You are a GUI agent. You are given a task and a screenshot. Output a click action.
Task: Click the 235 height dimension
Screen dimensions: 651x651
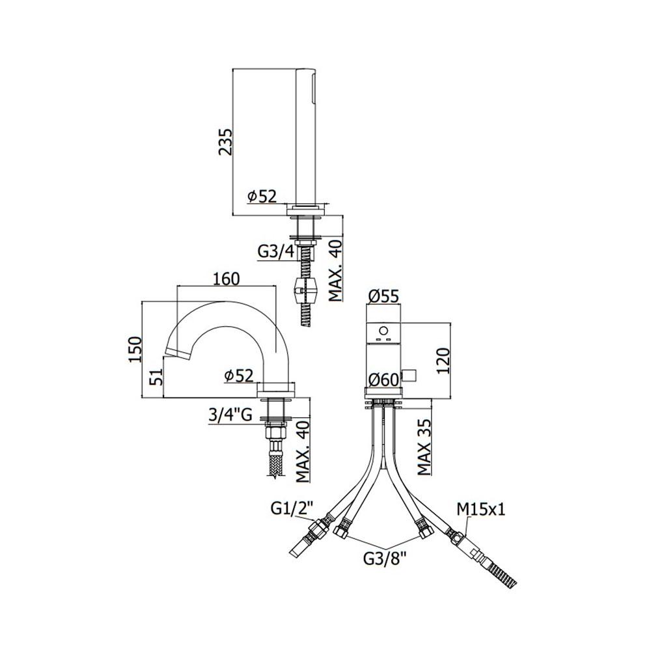tap(225, 141)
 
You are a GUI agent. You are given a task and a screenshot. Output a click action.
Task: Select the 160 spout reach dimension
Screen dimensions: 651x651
tap(226, 279)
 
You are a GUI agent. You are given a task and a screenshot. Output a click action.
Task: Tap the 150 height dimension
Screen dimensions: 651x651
tap(135, 349)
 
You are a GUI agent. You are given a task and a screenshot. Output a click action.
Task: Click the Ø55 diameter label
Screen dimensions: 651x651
tap(383, 296)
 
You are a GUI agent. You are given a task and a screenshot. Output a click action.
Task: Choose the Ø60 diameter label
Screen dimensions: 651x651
tap(383, 379)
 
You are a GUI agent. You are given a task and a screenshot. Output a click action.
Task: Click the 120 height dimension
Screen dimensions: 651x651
tap(443, 361)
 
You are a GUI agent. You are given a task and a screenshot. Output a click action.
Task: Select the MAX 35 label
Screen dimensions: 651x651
tap(424, 447)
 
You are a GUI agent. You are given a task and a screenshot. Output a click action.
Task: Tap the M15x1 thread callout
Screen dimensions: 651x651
tap(481, 509)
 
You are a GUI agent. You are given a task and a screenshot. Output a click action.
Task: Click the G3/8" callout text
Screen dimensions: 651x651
tap(384, 559)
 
